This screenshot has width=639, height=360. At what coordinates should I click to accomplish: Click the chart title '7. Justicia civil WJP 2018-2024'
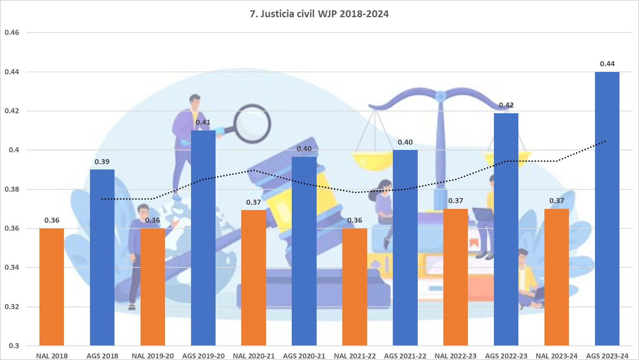[319, 14]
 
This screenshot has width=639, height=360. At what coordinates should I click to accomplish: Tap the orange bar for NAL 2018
[52, 287]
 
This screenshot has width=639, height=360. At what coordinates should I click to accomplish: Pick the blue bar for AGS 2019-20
[203, 237]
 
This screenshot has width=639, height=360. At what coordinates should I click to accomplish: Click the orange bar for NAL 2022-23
[455, 277]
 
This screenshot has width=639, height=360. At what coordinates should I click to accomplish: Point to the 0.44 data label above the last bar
[607, 64]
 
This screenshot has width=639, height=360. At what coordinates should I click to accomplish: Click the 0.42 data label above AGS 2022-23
[506, 105]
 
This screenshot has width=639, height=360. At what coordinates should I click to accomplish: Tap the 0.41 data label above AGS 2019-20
[203, 122]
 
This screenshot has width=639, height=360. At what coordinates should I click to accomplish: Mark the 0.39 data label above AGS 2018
[102, 162]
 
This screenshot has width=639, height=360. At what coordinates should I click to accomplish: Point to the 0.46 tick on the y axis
[12, 33]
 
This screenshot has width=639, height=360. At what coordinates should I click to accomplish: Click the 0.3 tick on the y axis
[14, 345]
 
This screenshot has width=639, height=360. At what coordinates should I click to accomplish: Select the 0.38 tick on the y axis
[12, 189]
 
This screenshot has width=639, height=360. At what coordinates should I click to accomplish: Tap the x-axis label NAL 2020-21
[254, 356]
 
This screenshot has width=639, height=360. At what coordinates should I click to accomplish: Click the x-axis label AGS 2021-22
[405, 356]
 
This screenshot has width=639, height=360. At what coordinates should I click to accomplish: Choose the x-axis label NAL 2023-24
[556, 356]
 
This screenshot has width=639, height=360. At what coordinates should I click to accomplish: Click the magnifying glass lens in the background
[253, 124]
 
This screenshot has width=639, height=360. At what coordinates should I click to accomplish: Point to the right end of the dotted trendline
[606, 141]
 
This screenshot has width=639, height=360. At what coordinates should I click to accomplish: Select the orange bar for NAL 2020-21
[253, 277]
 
